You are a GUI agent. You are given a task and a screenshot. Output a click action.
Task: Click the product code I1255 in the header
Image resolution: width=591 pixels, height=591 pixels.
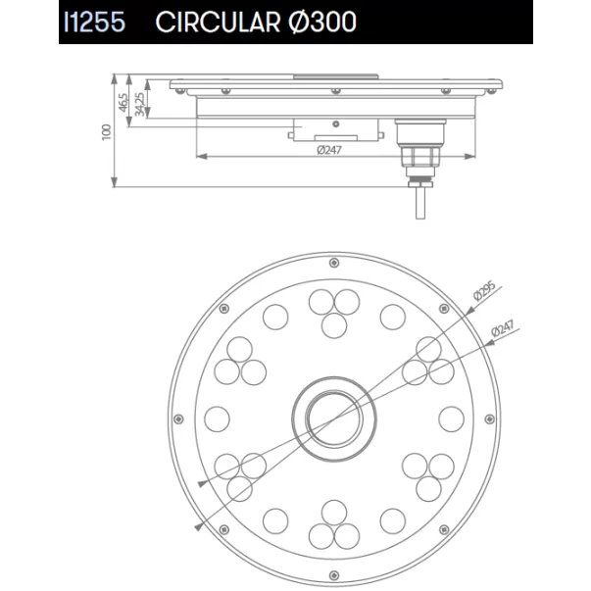(x=94, y=22)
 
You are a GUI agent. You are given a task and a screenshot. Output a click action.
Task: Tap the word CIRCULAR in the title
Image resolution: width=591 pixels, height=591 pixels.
(x=218, y=22)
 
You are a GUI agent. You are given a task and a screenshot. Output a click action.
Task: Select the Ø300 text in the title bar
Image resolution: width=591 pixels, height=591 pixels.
(x=322, y=22)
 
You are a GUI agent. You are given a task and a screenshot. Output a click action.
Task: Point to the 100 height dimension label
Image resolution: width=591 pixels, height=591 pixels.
(x=107, y=132)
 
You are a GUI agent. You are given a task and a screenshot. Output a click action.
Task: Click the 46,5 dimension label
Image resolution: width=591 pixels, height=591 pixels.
(x=123, y=103)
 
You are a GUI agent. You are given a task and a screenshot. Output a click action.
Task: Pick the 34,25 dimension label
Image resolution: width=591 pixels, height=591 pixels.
(x=139, y=105)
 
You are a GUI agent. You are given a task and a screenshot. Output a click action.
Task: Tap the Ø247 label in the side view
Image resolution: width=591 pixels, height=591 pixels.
(x=329, y=150)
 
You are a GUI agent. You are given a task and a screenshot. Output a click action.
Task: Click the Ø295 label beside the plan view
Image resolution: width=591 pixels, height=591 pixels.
(x=485, y=291)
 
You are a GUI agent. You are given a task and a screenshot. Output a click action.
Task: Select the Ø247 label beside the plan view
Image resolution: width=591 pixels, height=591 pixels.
(x=503, y=328)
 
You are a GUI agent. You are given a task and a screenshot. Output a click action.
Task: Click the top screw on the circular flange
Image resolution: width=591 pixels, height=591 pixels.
(x=334, y=263)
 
